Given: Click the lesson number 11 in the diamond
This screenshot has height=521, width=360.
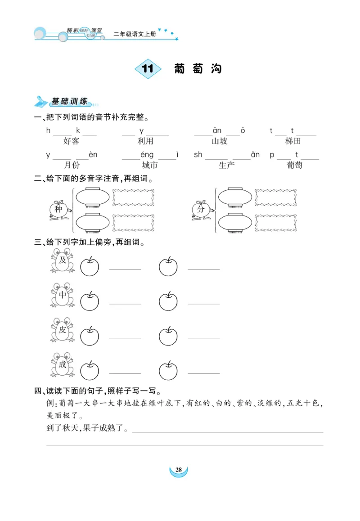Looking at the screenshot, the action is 148,69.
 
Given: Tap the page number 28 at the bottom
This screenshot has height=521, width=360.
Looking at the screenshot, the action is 179,470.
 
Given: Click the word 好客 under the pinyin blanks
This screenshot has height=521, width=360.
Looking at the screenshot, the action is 71,141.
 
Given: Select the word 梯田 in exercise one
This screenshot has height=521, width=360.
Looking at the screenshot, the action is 293,141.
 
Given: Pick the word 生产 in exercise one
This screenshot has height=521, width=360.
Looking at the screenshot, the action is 227,165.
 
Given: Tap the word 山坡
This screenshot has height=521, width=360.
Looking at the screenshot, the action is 220,141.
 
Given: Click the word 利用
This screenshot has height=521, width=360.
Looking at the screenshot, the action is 145,141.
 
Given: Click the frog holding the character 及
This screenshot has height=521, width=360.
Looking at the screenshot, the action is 62,261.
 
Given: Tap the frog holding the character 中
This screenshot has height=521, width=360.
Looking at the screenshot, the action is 62,295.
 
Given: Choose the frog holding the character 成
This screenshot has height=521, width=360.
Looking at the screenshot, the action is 62,365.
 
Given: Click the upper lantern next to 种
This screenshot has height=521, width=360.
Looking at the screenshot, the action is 93,197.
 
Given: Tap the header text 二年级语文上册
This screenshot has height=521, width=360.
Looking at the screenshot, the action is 135,34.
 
